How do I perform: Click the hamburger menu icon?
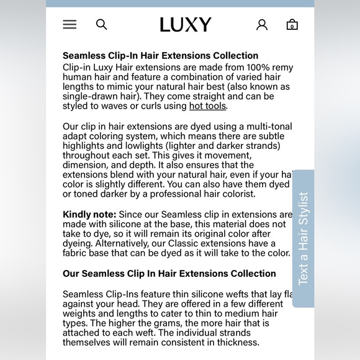(x=70, y=25)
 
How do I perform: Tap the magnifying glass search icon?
(x=102, y=25)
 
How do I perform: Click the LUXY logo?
(x=185, y=25)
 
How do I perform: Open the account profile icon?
(x=262, y=25)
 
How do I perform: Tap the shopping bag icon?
(x=292, y=25)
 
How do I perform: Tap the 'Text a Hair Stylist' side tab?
(x=303, y=238)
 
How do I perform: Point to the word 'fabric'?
(x=76, y=253)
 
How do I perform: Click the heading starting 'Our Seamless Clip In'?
(x=169, y=274)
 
